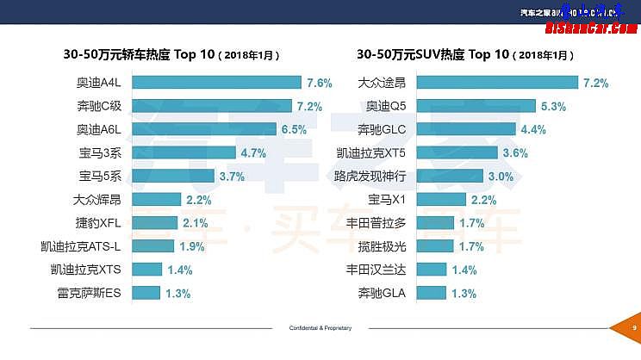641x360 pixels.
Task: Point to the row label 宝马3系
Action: pyautogui.click(x=100, y=153)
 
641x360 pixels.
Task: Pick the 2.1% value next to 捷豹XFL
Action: pyautogui.click(x=196, y=223)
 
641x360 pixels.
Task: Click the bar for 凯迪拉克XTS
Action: pyautogui.click(x=147, y=270)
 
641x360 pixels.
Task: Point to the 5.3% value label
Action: pyautogui.click(x=553, y=107)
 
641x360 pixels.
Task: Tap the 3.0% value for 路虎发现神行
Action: pyautogui.click(x=501, y=177)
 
